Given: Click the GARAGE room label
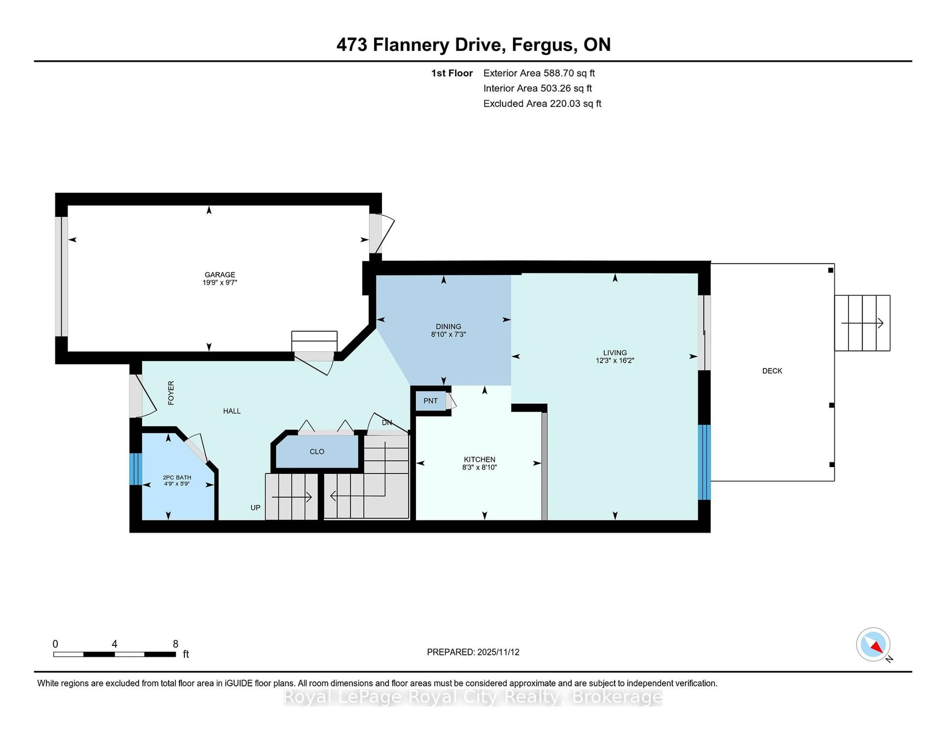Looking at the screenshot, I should (220, 275).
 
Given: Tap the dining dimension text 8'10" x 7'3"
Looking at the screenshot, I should (448, 334).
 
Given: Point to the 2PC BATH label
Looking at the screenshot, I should (177, 477).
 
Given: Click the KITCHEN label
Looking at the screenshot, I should (479, 460).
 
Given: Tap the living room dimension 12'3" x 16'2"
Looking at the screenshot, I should (615, 360).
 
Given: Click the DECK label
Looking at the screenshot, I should (772, 371).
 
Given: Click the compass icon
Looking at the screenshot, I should (873, 644).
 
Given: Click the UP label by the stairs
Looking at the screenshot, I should (255, 508).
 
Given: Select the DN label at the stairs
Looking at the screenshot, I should (386, 422).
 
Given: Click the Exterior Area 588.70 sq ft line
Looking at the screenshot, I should (539, 73).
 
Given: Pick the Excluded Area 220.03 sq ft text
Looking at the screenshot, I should (542, 103).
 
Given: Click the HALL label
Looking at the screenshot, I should (232, 411).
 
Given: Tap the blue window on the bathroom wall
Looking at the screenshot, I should (135, 469).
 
